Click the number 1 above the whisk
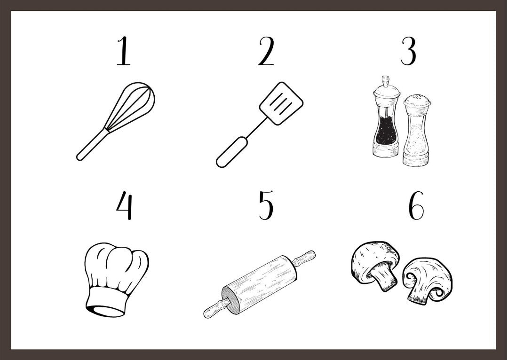point(124,51)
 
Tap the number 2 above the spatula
point(266,51)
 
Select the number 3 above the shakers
point(408,51)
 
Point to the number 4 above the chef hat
point(124,205)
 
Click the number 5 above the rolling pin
point(266,205)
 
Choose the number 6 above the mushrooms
point(416,205)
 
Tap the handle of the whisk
point(91,145)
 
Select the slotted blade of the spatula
point(281,103)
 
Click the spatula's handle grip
point(232,152)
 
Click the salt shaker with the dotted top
point(417,130)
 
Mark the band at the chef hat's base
point(106,302)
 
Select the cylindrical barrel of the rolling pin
point(259,284)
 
